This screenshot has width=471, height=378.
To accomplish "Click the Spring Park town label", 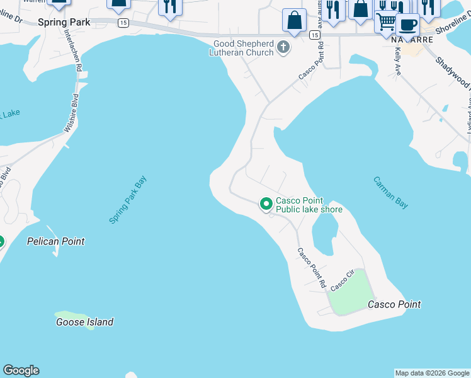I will tap(64, 22).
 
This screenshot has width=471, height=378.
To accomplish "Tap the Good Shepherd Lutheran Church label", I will tap(243, 48).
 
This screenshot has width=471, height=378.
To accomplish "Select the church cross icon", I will tap(284, 47).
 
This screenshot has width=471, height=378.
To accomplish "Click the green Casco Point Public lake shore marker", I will tap(266, 203).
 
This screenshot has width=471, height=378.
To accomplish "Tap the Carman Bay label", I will tap(391, 192).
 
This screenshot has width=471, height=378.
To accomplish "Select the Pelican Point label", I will tap(55, 241).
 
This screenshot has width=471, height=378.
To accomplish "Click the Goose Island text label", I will tap(84, 322).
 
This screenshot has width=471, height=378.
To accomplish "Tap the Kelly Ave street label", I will tap(397, 63).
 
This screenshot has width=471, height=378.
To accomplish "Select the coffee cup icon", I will tap(408, 24).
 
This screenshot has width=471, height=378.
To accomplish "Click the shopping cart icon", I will tap(385, 22).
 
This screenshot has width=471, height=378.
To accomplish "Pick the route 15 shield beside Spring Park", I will tap(123, 23).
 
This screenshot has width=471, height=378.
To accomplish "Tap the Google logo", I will tap(21, 370).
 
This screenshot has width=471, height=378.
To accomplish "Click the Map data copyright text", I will tap(432, 373).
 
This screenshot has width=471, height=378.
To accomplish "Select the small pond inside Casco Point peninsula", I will tap(325, 232).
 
